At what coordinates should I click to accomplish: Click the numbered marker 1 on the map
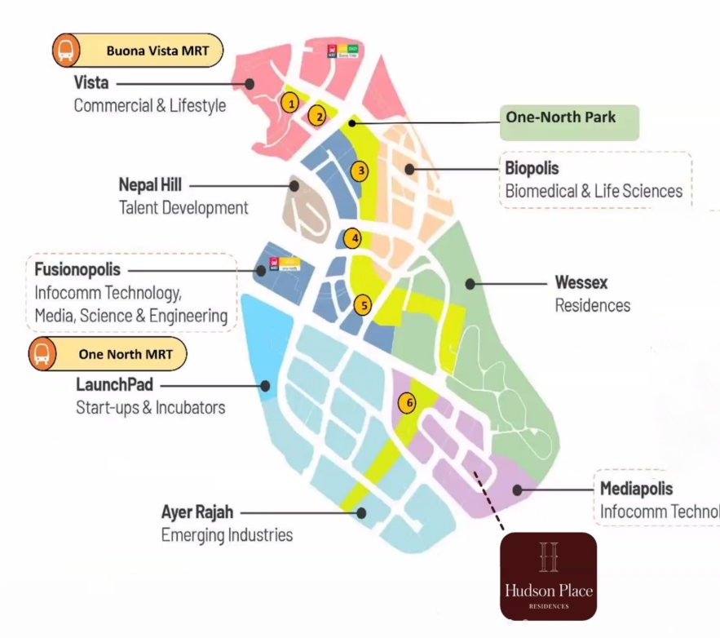[x=288, y=103]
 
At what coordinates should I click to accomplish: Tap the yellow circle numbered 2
[x=320, y=116]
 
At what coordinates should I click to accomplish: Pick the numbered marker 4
[x=352, y=239]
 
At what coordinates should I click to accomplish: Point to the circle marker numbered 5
[x=364, y=305]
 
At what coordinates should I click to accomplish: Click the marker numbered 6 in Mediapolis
[x=409, y=402]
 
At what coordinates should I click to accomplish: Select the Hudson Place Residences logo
[x=548, y=576]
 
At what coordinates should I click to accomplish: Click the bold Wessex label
[x=581, y=283]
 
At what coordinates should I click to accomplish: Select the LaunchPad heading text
[x=114, y=384]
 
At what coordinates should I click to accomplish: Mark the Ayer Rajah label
[x=197, y=513]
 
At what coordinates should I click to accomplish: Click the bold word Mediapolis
[x=637, y=490]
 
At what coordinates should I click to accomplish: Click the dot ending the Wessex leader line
[x=470, y=284]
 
